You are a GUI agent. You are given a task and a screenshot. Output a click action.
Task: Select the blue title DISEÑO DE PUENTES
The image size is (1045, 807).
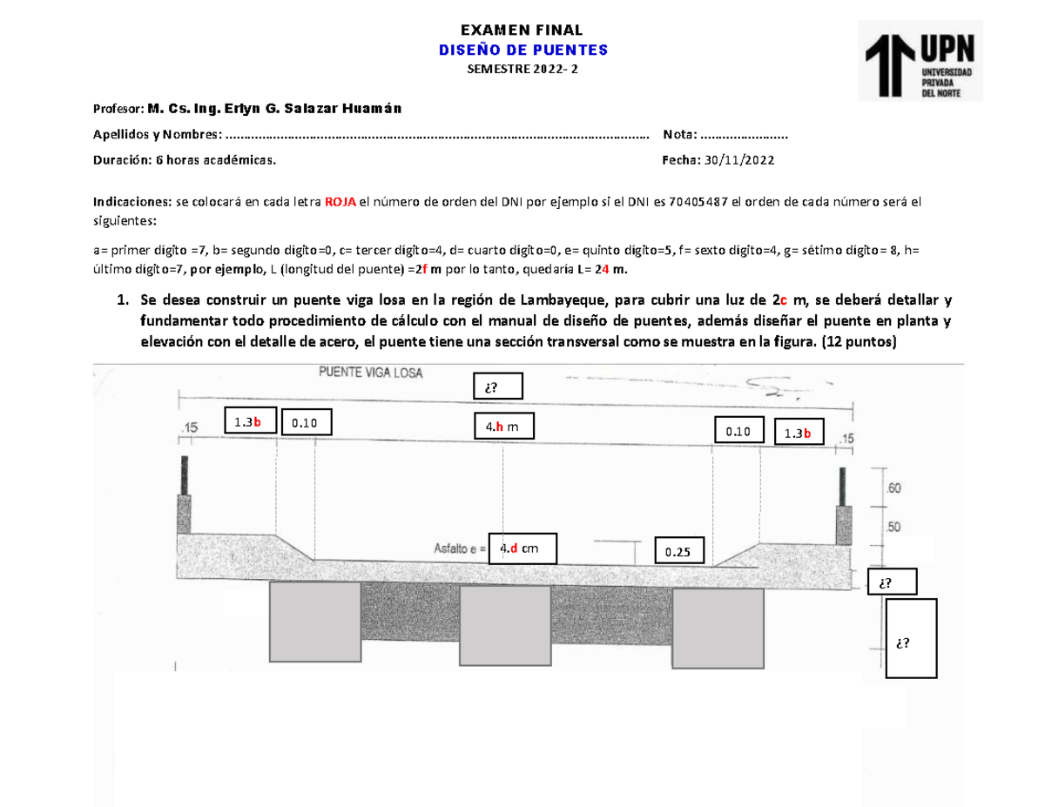coord(522,50)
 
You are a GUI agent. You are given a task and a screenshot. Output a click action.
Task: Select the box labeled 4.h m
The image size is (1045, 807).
coord(503,427)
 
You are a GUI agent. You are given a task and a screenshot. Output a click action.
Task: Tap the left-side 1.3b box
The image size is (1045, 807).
coord(249,422)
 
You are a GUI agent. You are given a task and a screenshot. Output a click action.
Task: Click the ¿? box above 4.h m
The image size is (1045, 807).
coord(496,387)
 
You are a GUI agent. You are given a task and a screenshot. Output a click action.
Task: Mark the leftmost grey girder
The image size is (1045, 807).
coord(314,622)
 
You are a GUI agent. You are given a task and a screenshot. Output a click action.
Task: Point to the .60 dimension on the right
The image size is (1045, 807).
coord(893,488)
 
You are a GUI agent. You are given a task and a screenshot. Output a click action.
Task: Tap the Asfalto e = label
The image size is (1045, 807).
coord(458,549)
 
